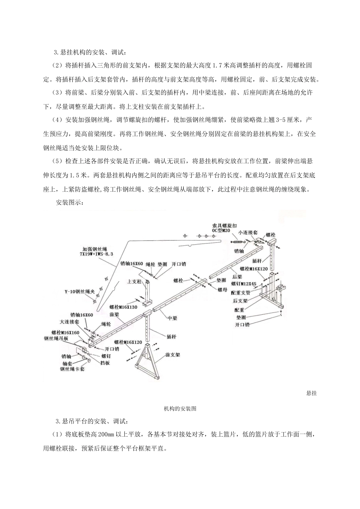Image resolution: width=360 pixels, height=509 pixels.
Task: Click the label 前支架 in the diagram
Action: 172,355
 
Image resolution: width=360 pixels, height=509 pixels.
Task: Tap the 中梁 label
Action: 172,319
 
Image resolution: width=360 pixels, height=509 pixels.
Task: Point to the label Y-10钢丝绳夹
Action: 77,292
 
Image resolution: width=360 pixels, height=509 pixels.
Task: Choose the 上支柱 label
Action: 134,281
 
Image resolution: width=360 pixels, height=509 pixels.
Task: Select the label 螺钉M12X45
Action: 243,284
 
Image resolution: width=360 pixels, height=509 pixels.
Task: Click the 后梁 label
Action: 237,277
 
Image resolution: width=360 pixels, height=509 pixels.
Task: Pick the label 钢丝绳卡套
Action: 72,368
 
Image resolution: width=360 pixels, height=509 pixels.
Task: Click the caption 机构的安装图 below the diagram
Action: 180,409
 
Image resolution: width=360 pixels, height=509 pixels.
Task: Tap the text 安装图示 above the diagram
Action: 70,202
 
